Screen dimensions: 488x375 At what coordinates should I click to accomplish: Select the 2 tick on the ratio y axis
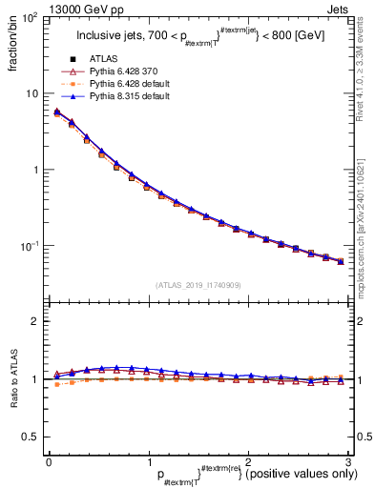pos(34,321)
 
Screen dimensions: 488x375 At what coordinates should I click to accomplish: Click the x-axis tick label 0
pos(49,461)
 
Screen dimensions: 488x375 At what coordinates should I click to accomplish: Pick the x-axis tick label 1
pos(148,461)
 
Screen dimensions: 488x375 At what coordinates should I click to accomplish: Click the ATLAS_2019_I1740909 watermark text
pos(198,285)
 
